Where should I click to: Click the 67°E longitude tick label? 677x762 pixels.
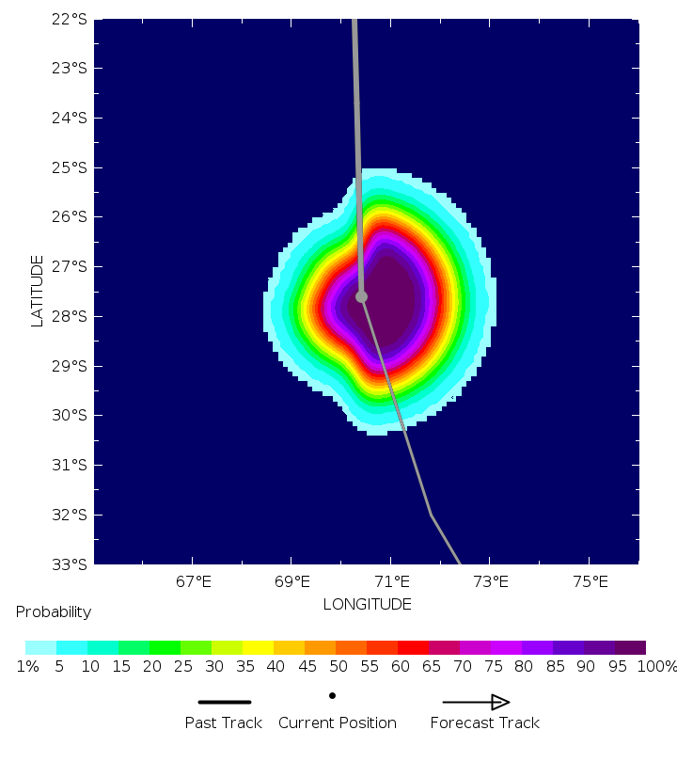[x=193, y=581]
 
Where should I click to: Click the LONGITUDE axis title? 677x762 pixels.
[x=367, y=604]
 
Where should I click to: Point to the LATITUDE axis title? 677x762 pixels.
[x=38, y=291]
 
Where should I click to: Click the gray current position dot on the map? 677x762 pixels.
[x=361, y=296]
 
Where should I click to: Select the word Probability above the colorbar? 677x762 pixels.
[x=54, y=612]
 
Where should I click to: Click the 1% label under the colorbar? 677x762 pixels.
[x=25, y=667]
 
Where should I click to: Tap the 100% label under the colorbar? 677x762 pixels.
[x=656, y=667]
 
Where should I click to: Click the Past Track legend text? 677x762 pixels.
[x=225, y=722]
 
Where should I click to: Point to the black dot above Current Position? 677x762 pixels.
[x=332, y=696]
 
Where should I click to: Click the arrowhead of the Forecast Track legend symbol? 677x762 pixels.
[x=500, y=702]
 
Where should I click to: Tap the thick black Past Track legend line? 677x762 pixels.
[x=225, y=702]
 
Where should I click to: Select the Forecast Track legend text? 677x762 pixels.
[x=484, y=722]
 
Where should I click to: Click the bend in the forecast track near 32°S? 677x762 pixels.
[x=431, y=515]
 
